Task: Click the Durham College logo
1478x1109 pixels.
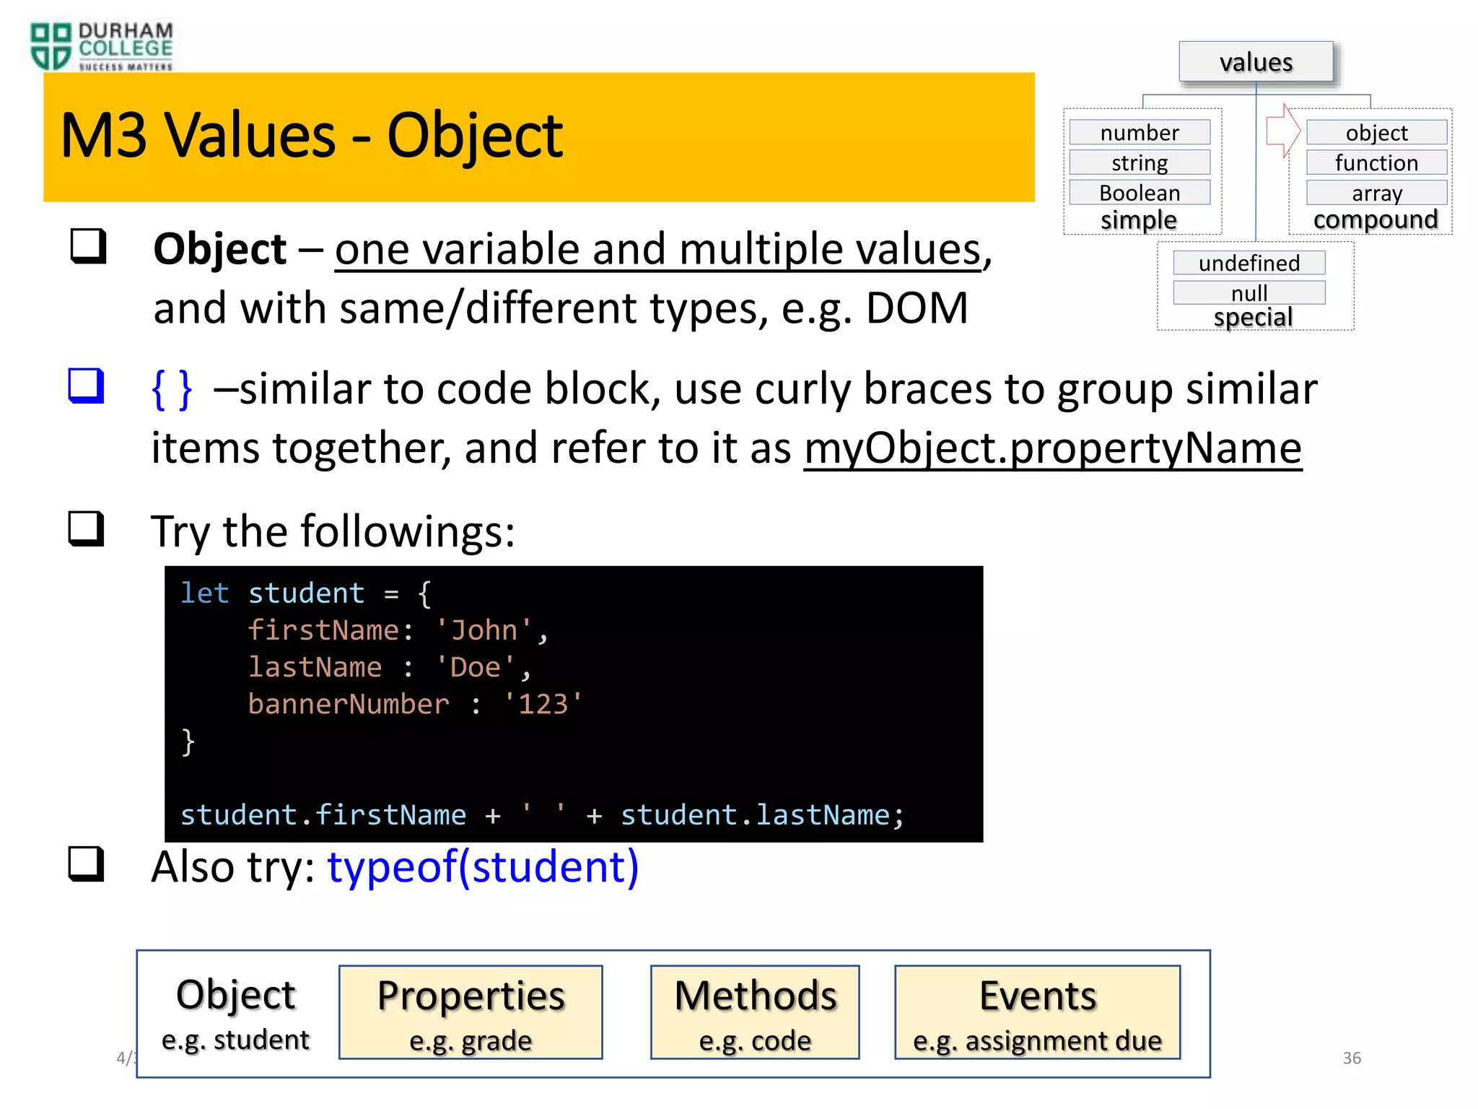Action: [x=101, y=46]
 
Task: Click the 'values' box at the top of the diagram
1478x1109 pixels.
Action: [x=1256, y=62]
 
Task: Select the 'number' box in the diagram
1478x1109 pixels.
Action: [x=1140, y=133]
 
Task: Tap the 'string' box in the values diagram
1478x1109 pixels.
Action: [x=1140, y=163]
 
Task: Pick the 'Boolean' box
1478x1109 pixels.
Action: [x=1140, y=193]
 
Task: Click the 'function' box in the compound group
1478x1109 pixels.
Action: [x=1376, y=163]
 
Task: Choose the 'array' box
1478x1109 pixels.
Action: [x=1376, y=193]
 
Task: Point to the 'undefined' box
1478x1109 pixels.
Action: [x=1249, y=263]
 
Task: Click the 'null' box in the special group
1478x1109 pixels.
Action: [x=1249, y=292]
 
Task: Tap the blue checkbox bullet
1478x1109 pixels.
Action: [x=87, y=386]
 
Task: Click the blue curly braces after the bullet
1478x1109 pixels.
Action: [x=172, y=389]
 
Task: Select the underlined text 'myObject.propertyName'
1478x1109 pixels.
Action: [x=1052, y=448]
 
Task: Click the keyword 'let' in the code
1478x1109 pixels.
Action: [x=204, y=593]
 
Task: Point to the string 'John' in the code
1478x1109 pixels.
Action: [x=484, y=630]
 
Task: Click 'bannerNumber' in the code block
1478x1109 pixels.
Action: [x=349, y=704]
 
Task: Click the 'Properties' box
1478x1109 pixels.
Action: [x=471, y=1012]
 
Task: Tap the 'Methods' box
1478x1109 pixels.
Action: [x=755, y=1012]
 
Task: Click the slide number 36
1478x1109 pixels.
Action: [x=1352, y=1058]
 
